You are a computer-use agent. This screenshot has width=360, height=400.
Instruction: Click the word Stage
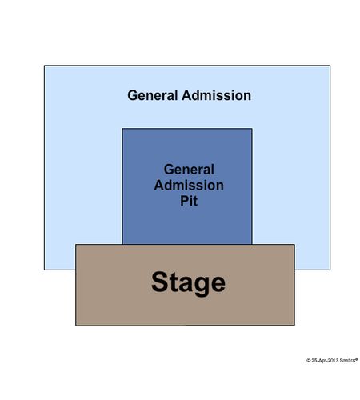188,283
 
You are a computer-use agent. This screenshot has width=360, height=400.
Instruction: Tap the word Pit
189,201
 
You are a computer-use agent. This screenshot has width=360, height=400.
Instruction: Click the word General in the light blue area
153,95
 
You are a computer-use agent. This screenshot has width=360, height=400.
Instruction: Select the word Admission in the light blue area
216,95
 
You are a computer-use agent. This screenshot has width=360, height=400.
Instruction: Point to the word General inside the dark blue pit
189,170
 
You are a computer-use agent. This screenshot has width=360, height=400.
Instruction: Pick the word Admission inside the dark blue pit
189,185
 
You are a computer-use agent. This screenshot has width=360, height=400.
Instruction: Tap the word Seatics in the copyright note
348,360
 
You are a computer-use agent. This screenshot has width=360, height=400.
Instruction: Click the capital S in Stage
159,282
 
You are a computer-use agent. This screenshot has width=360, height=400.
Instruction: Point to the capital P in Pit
185,201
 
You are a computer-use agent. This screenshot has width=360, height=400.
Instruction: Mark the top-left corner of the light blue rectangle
44,66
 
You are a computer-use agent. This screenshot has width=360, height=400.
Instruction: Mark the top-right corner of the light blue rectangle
330,66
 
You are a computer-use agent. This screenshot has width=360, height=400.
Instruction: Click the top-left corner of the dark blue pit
122,129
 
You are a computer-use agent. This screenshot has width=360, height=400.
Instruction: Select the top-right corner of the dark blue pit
252,129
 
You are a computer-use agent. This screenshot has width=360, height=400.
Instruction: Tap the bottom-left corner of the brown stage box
76,326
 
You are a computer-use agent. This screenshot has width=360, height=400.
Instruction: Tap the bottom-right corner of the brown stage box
294,326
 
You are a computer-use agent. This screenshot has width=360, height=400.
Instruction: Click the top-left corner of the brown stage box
76,244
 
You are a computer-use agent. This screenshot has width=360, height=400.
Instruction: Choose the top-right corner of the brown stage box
294,244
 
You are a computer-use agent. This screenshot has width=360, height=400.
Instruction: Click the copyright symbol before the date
309,360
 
